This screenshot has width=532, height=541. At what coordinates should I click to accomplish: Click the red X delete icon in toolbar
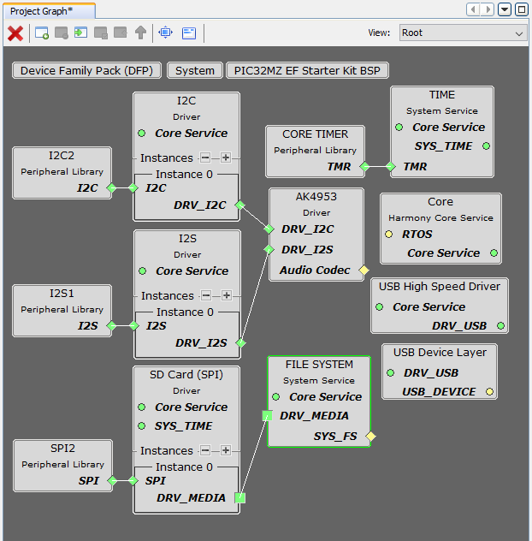pyautogui.click(x=15, y=33)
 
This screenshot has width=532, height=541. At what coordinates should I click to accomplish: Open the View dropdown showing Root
pyautogui.click(x=462, y=33)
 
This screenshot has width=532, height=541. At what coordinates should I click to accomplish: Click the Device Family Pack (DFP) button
pyautogui.click(x=86, y=71)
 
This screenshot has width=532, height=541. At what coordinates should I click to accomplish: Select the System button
pyautogui.click(x=195, y=71)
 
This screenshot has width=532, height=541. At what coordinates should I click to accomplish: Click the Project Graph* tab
pyautogui.click(x=41, y=11)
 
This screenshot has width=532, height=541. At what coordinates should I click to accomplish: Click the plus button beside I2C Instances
pyautogui.click(x=226, y=158)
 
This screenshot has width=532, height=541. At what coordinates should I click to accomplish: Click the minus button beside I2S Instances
pyautogui.click(x=206, y=295)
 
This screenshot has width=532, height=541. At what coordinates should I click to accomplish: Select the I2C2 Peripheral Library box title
pyautogui.click(x=62, y=156)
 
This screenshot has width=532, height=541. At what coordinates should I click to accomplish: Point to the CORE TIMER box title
pyautogui.click(x=316, y=134)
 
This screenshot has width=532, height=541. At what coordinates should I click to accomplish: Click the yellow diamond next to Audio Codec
pyautogui.click(x=364, y=270)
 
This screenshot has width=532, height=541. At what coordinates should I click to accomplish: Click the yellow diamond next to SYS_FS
pyautogui.click(x=370, y=437)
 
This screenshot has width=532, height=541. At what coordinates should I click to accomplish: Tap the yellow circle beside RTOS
pyautogui.click(x=389, y=235)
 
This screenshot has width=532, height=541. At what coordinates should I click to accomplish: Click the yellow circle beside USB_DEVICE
pyautogui.click(x=489, y=392)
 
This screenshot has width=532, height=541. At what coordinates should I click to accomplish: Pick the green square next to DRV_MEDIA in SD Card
pyautogui.click(x=239, y=498)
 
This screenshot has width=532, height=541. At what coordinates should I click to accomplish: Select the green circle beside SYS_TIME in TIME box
pyautogui.click(x=486, y=146)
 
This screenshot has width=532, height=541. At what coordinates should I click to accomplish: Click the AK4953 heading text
pyautogui.click(x=316, y=197)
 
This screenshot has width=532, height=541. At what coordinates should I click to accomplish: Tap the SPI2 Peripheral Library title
pyautogui.click(x=62, y=449)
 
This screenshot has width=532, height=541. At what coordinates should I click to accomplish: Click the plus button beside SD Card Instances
pyautogui.click(x=226, y=450)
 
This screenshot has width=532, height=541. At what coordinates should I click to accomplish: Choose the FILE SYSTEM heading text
pyautogui.click(x=320, y=365)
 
